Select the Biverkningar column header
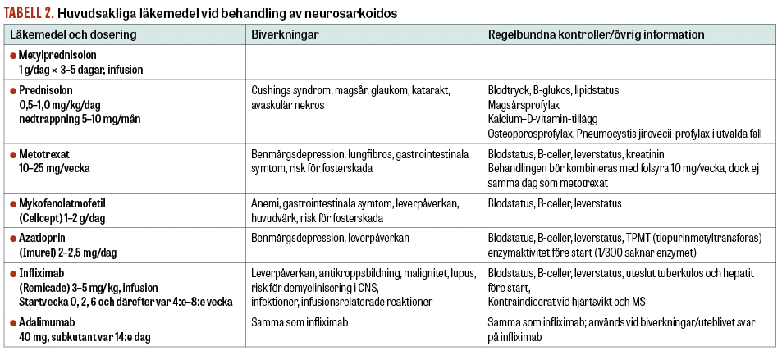coord(285,35)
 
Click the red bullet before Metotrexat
coord(13,153)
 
